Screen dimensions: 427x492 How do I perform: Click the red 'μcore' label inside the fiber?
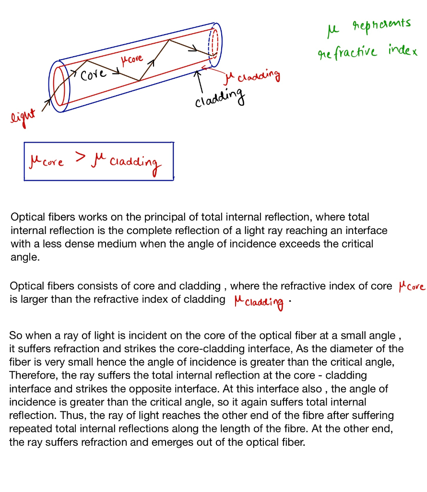[132, 60]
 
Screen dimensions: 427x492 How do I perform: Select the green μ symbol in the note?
[332, 32]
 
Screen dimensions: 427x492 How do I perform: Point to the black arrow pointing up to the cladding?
[197, 80]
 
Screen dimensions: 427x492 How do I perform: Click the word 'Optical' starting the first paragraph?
[26, 217]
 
